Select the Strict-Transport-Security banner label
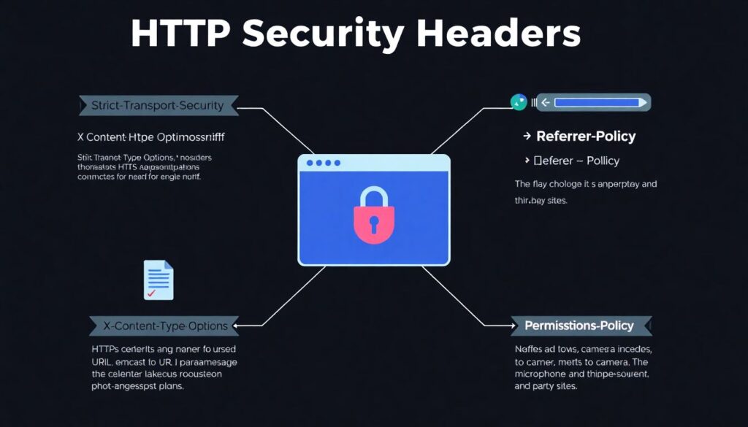(158, 106)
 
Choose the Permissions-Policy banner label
(579, 326)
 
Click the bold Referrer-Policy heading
(586, 136)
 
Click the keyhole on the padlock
(373, 222)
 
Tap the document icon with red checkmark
(159, 280)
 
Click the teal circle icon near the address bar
(519, 103)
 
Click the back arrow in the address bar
(545, 103)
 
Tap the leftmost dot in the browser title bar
(311, 163)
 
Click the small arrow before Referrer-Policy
(526, 136)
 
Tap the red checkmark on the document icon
(151, 293)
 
